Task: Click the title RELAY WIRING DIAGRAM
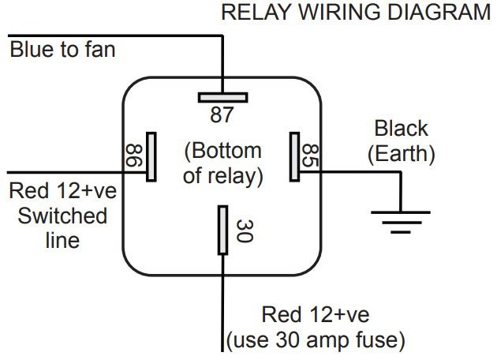pos(356,13)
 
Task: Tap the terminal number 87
pos(222,115)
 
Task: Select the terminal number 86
pos(133,156)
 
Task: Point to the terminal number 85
pos(312,156)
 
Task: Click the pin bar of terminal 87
pos(222,98)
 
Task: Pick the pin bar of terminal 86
pos(151,157)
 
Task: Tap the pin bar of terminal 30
pos(223,230)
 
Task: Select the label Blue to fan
pos(62,51)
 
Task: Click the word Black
pos(401,128)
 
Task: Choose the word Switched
pos(62,215)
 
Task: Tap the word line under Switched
pos(62,238)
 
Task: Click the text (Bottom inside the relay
pos(222,149)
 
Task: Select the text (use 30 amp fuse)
pos(316,341)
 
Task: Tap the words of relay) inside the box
pos(222,174)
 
